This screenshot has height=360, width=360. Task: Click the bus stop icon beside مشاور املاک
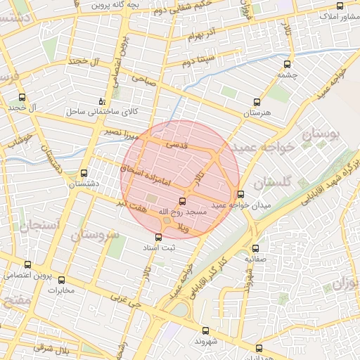pyautogui.click(x=340, y=6)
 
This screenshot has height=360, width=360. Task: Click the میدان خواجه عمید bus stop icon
pyautogui.click(x=241, y=194)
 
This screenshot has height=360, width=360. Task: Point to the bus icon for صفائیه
pyautogui.click(x=255, y=247)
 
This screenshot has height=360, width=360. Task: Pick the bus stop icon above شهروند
pyautogui.click(x=205, y=330)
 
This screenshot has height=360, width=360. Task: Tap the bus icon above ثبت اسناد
pyautogui.click(x=157, y=237)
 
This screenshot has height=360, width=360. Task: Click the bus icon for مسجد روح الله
pyautogui.click(x=183, y=201)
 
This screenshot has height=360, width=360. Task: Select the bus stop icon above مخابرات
pyautogui.click(x=61, y=280)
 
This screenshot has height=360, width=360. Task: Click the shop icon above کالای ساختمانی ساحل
pyautogui.click(x=103, y=101)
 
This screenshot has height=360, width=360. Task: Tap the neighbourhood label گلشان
pyautogui.click(x=271, y=183)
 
